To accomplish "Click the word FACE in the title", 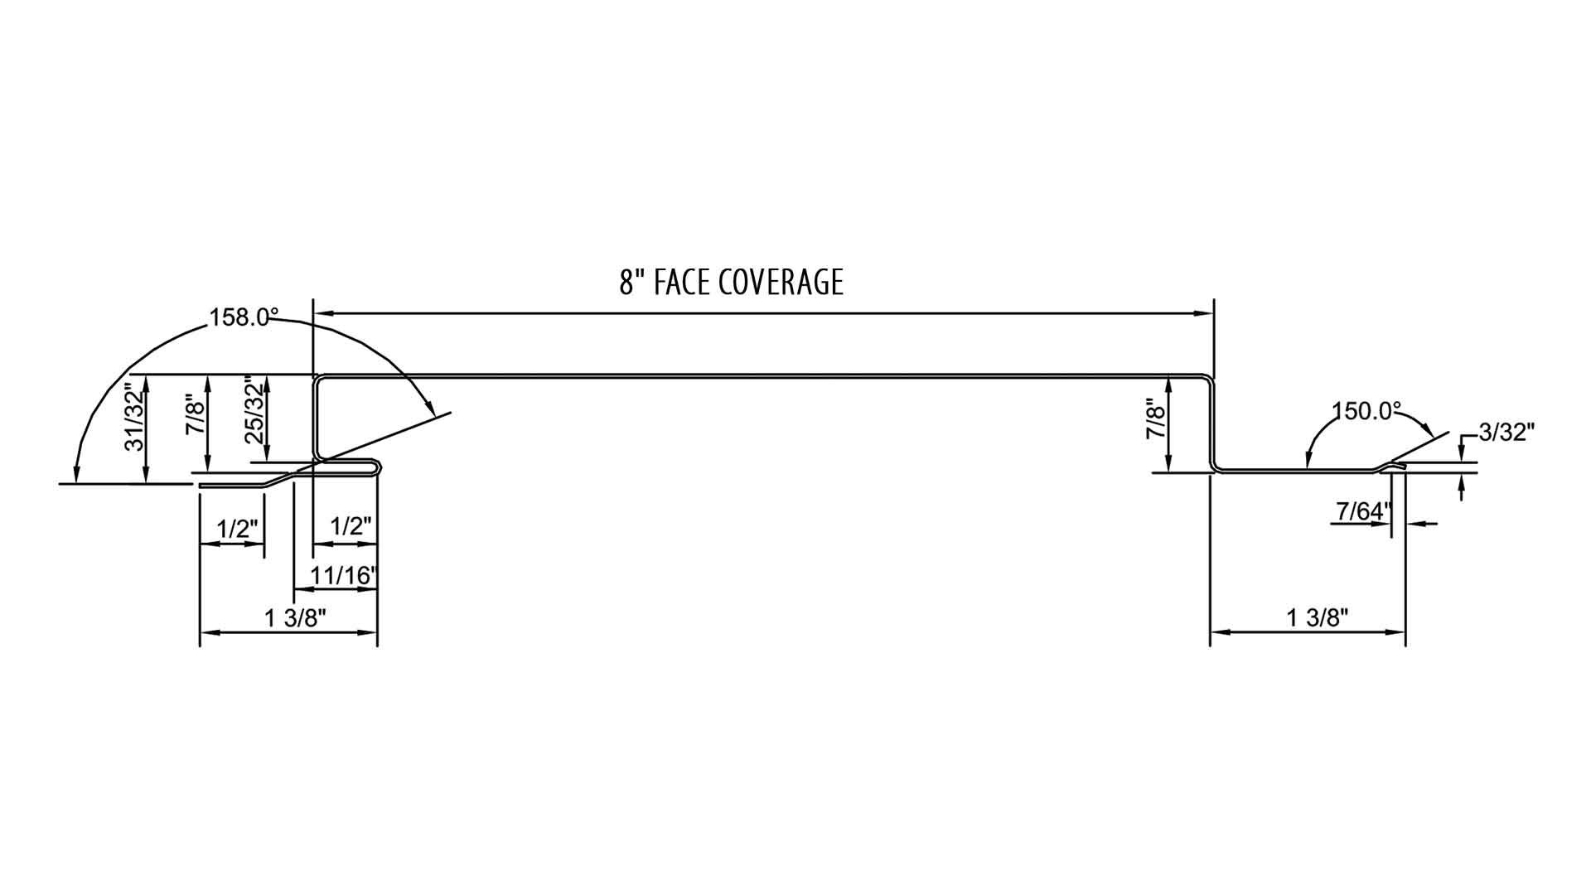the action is [681, 283].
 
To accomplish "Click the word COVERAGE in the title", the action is [781, 283].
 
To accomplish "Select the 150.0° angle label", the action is [1366, 412].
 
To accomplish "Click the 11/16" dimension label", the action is [344, 575].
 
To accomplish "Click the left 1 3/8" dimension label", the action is [296, 617].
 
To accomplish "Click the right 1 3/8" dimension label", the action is [1318, 617].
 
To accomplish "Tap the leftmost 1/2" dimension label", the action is [237, 529].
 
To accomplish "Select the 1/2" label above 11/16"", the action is [351, 526].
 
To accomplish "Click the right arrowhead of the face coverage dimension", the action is [1203, 313].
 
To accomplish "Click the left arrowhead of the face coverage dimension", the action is [323, 313].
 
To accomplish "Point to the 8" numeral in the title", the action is [632, 283].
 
